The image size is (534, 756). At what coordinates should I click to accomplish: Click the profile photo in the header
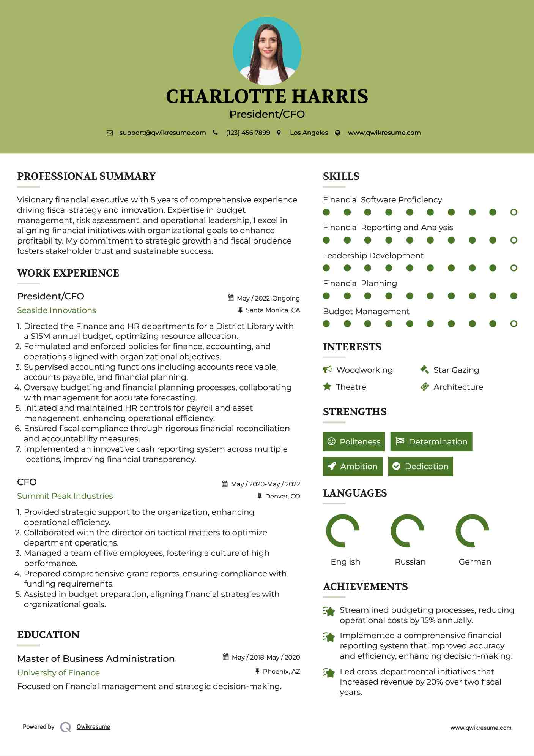point(267,51)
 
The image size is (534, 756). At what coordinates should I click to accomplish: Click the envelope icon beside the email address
point(110,133)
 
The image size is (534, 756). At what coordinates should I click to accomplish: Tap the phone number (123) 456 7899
point(248,133)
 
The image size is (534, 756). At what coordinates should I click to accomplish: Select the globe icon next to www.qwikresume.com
point(338,133)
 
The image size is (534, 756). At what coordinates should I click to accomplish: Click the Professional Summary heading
point(87,176)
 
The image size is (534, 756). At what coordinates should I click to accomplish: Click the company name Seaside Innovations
point(57,310)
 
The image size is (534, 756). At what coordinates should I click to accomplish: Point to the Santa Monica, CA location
point(273,310)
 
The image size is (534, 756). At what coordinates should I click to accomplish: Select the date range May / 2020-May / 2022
point(265,484)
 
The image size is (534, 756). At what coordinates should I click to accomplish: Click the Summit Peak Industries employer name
point(65,496)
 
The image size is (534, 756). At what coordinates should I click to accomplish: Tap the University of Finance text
point(58,673)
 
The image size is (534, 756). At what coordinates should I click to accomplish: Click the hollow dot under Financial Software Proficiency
point(514,212)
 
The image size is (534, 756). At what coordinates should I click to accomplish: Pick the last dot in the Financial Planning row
point(514,296)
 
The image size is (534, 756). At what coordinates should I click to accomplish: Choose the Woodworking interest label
point(364,370)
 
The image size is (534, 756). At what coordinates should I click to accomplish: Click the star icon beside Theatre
point(327,387)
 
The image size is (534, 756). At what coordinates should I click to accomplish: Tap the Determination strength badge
point(431,441)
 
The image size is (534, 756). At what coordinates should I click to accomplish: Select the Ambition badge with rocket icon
point(353,467)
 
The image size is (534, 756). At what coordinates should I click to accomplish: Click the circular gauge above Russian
point(407,531)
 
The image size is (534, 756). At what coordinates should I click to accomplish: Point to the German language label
point(475,562)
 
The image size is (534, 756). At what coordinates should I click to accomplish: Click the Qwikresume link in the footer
point(93,727)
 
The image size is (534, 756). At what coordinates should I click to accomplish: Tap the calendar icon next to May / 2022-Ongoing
point(230,298)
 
